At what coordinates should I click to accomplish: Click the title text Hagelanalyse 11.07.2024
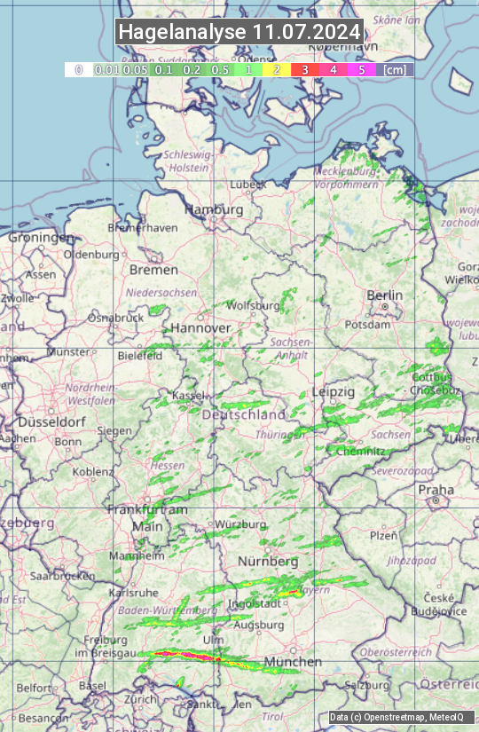[x=239, y=32]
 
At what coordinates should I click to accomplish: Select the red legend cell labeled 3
[x=304, y=69]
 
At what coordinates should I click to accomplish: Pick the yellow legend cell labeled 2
[x=277, y=69]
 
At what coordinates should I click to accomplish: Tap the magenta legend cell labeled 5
[x=361, y=69]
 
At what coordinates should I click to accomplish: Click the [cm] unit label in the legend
[x=394, y=69]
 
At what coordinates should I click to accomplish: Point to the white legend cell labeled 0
[x=78, y=69]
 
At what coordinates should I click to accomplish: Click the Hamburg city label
[x=213, y=209]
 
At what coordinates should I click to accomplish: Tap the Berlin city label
[x=384, y=295]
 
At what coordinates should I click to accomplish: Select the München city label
[x=292, y=662]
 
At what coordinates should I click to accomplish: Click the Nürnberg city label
[x=269, y=562]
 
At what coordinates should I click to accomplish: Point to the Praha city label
[x=436, y=490]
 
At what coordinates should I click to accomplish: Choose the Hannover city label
[x=200, y=327]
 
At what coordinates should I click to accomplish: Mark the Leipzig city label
[x=333, y=391]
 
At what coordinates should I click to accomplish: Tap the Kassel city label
[x=188, y=394]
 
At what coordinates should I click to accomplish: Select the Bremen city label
[x=153, y=269]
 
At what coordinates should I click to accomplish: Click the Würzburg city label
[x=240, y=524]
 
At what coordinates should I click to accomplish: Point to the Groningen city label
[x=41, y=238]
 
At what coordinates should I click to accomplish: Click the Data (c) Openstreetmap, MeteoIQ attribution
[x=397, y=717]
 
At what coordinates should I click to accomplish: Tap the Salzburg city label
[x=367, y=685]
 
